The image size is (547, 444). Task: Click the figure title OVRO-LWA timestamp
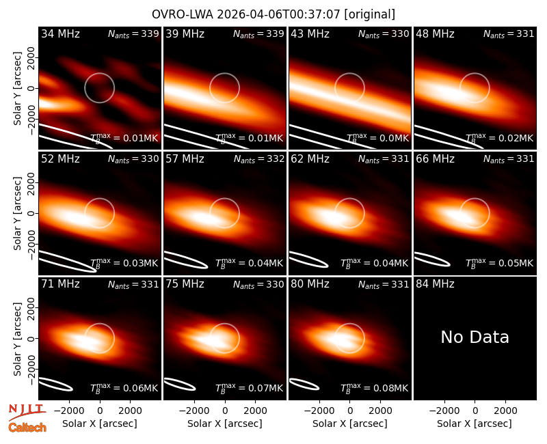coord(273,14)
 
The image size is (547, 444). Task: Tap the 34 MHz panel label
coord(60,33)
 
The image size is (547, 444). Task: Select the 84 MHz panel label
coord(435,284)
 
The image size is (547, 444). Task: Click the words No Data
coord(475,337)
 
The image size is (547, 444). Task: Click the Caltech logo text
coord(27,428)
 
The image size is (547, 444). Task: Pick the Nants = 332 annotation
coord(259,159)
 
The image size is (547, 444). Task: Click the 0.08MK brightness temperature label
coord(374,388)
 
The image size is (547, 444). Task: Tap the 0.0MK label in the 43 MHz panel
coord(377,138)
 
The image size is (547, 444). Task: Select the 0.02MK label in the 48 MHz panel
coord(500,138)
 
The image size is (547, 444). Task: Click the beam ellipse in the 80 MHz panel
coord(304,384)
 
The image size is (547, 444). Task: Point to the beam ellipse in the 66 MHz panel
coord(432,260)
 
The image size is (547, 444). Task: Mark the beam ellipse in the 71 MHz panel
coord(55,384)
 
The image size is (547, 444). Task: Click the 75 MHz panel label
coord(185,284)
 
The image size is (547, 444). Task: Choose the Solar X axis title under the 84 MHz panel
coord(475,424)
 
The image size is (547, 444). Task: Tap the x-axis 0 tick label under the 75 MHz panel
coord(225,411)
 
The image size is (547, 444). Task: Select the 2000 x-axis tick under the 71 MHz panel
coord(130,411)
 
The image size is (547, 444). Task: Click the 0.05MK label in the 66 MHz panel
coord(500,263)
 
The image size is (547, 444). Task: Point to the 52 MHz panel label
coord(60,159)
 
